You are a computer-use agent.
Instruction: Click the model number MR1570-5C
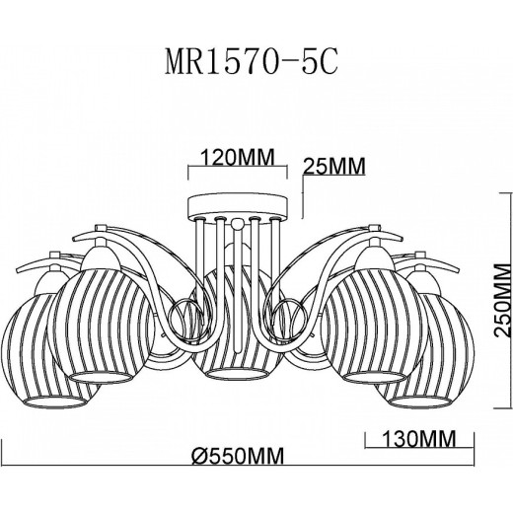click(x=252, y=62)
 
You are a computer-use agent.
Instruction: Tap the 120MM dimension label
click(x=237, y=157)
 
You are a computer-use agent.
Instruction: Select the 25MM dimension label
click(x=333, y=166)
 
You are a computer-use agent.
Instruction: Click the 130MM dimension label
click(x=419, y=438)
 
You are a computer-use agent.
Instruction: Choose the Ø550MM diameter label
click(x=238, y=456)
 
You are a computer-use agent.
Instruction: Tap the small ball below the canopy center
click(x=237, y=225)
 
